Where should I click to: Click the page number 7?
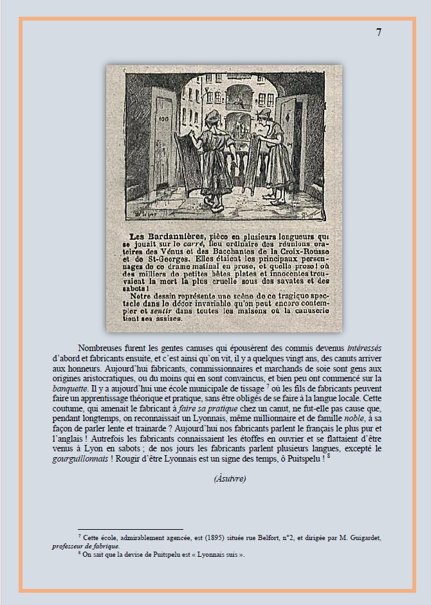tap(378, 33)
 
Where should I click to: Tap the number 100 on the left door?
tap(161, 120)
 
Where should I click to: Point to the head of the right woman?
tap(261, 116)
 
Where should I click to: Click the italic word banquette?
tap(70, 389)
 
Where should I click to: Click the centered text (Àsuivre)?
tap(230, 478)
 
